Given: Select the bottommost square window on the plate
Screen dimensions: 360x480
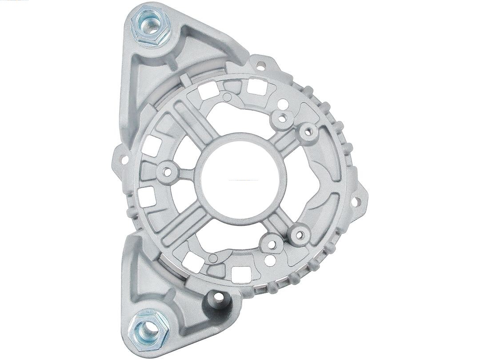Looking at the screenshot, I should click(240, 272).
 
